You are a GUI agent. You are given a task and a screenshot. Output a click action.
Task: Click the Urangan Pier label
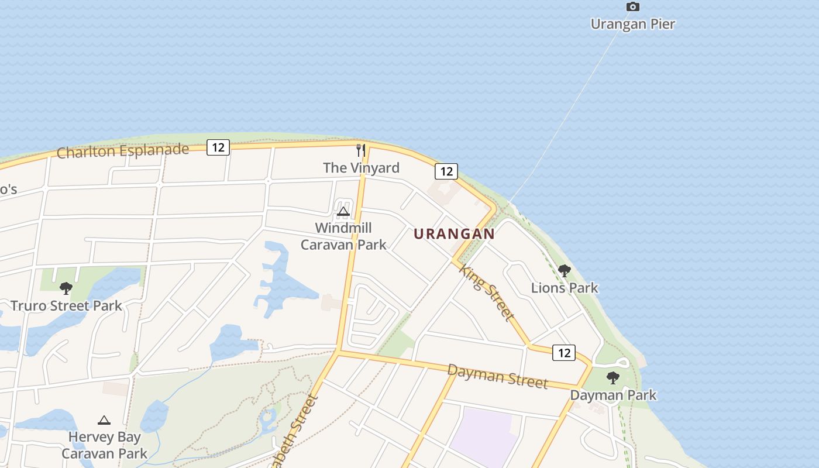click(632, 24)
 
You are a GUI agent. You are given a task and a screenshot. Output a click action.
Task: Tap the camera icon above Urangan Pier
click(632, 7)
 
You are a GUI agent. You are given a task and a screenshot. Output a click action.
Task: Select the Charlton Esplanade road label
click(123, 151)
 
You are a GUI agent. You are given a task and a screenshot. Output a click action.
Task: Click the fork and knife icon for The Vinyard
click(361, 150)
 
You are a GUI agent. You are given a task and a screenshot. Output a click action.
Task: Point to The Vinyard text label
click(361, 168)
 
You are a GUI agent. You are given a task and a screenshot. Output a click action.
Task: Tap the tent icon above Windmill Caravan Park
click(343, 211)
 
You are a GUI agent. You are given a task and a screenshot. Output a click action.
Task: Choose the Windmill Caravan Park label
click(343, 236)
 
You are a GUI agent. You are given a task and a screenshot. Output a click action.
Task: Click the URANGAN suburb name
click(454, 234)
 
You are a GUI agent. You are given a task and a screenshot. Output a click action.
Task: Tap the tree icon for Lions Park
click(565, 271)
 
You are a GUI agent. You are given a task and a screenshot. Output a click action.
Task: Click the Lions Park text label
click(565, 288)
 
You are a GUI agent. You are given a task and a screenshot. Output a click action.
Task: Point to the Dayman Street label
click(497, 376)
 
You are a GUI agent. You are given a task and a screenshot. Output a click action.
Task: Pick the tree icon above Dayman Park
click(612, 378)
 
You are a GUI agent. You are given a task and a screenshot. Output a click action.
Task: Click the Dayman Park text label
click(613, 395)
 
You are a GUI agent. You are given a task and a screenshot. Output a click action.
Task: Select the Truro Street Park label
click(66, 305)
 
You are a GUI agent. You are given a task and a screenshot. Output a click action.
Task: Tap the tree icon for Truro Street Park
click(66, 288)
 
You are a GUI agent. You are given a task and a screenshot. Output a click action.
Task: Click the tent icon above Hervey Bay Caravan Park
click(104, 420)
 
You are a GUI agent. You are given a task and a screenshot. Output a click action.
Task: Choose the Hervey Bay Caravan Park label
click(104, 445)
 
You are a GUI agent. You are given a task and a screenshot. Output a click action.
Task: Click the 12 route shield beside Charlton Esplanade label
click(218, 147)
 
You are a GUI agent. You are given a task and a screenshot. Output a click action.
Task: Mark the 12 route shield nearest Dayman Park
click(563, 353)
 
